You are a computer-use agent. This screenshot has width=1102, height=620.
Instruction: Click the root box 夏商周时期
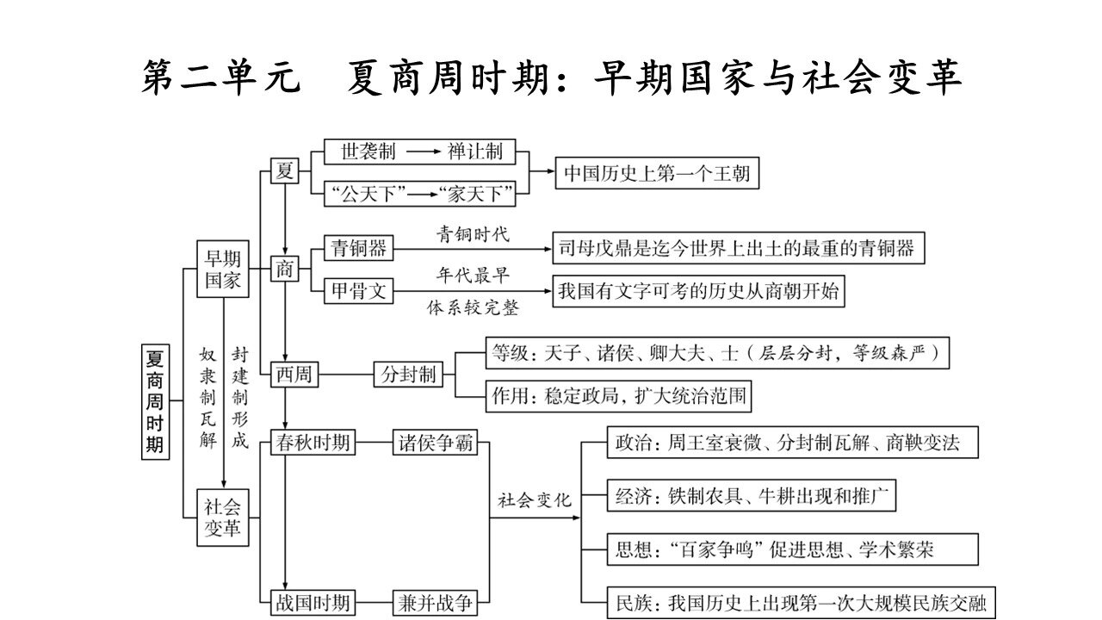click(x=156, y=400)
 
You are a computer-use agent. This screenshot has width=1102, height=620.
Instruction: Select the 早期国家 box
click(x=222, y=269)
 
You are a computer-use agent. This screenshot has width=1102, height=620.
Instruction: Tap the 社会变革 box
click(x=222, y=518)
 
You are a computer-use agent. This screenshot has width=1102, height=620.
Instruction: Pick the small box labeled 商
click(x=284, y=270)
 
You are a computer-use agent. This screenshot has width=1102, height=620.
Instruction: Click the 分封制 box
click(x=408, y=375)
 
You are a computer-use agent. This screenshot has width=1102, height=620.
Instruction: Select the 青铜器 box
click(x=357, y=249)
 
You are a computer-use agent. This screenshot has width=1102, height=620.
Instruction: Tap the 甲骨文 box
click(x=357, y=292)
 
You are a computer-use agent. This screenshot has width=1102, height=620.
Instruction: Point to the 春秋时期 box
click(x=311, y=443)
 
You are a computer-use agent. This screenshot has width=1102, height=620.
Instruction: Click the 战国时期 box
click(x=311, y=602)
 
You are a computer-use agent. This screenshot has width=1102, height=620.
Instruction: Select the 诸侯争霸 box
click(x=435, y=443)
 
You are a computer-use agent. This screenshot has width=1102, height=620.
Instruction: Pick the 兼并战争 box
click(x=435, y=602)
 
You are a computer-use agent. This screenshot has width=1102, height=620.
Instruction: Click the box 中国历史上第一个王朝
click(x=657, y=173)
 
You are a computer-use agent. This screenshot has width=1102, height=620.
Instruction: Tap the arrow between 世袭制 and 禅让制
click(x=423, y=152)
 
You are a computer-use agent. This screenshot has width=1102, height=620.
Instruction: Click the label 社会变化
click(x=534, y=500)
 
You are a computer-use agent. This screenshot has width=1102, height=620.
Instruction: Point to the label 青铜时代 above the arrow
click(x=473, y=233)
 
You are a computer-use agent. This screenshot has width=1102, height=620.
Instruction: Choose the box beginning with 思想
click(x=780, y=549)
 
